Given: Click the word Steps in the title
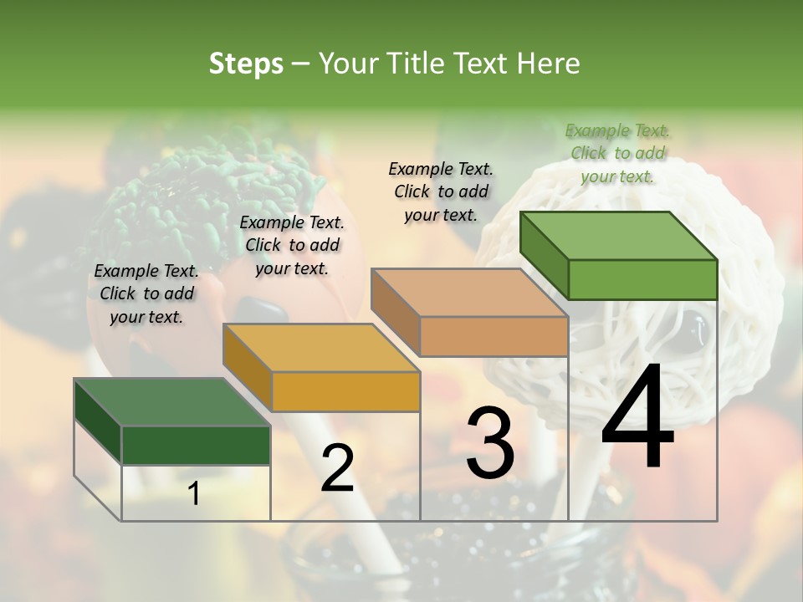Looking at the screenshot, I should [x=246, y=64].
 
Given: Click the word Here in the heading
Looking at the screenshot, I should [x=547, y=64].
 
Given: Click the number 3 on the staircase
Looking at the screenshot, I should [x=490, y=442].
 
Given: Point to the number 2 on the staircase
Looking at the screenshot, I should [x=337, y=468].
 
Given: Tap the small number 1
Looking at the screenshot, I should [x=194, y=494].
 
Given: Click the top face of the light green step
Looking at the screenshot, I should [x=619, y=236].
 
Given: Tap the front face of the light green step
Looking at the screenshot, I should [x=642, y=279].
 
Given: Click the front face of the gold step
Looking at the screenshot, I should [x=345, y=391].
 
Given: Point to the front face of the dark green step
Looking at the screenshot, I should [x=196, y=445].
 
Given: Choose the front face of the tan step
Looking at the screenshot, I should [x=494, y=336].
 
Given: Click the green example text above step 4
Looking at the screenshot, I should [x=617, y=153].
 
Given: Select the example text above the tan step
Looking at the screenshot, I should [x=441, y=191].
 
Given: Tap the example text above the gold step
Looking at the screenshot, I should [x=292, y=245].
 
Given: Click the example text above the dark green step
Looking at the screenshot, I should [x=146, y=293].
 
